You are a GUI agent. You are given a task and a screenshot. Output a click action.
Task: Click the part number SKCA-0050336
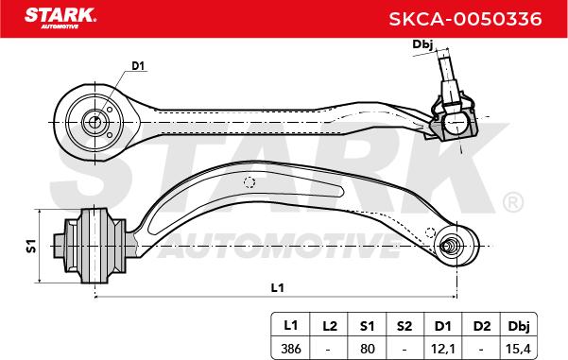coord(465,19)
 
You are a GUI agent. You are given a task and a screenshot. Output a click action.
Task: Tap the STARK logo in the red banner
coord(60,18)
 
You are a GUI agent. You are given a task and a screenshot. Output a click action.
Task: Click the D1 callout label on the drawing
coord(138,66)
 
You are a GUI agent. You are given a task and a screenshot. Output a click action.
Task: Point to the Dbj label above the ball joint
coord(422,44)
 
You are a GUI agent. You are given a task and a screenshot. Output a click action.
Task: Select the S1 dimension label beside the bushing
coord(31,246)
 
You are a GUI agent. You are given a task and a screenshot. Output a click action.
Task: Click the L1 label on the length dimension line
coord(278,288)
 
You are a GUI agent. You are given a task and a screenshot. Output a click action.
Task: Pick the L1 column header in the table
coord(290,325)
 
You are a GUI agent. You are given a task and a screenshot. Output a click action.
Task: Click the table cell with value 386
coord(291,349)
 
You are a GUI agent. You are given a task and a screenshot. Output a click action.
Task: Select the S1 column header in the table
coord(367,326)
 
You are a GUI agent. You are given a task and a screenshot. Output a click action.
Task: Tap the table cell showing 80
coord(368,349)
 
